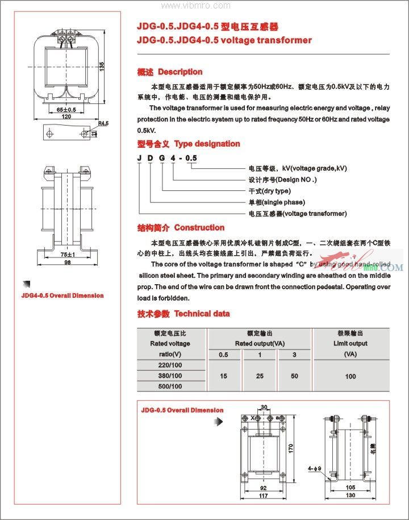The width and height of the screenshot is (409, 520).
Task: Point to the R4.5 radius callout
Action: coord(103,123)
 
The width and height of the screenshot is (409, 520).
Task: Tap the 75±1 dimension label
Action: coord(67,255)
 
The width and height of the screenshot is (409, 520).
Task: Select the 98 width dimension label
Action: coord(67,264)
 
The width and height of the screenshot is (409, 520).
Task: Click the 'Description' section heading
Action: coord(180,72)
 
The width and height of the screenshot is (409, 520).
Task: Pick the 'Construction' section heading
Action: coord(199,227)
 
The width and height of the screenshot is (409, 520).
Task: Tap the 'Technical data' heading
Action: coord(202,313)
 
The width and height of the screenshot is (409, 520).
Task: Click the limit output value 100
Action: coord(350,376)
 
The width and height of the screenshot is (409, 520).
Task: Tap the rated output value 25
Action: coord(260,376)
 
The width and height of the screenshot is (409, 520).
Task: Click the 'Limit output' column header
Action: coord(350,343)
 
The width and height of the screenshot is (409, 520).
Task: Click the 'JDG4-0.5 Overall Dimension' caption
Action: coord(62,296)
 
